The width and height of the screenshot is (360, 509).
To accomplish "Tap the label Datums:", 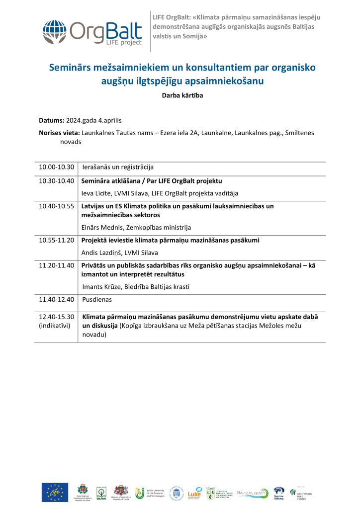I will tap(51, 121).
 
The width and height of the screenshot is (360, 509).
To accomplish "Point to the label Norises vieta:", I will tap(59, 133).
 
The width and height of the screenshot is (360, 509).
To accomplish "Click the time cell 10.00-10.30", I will tap(56, 168).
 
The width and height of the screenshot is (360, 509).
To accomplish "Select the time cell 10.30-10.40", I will tap(56, 181).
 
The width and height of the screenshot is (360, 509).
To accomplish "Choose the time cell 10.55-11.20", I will tap(56, 240).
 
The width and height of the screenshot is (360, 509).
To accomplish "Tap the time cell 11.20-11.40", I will tap(56, 265).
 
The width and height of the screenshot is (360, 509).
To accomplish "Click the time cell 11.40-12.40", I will tap(56, 299).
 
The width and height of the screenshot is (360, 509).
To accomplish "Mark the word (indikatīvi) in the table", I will tap(55, 326).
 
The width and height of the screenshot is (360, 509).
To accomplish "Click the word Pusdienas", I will tap(97, 299).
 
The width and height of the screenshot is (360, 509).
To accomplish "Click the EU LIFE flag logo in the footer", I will tap(55, 492).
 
